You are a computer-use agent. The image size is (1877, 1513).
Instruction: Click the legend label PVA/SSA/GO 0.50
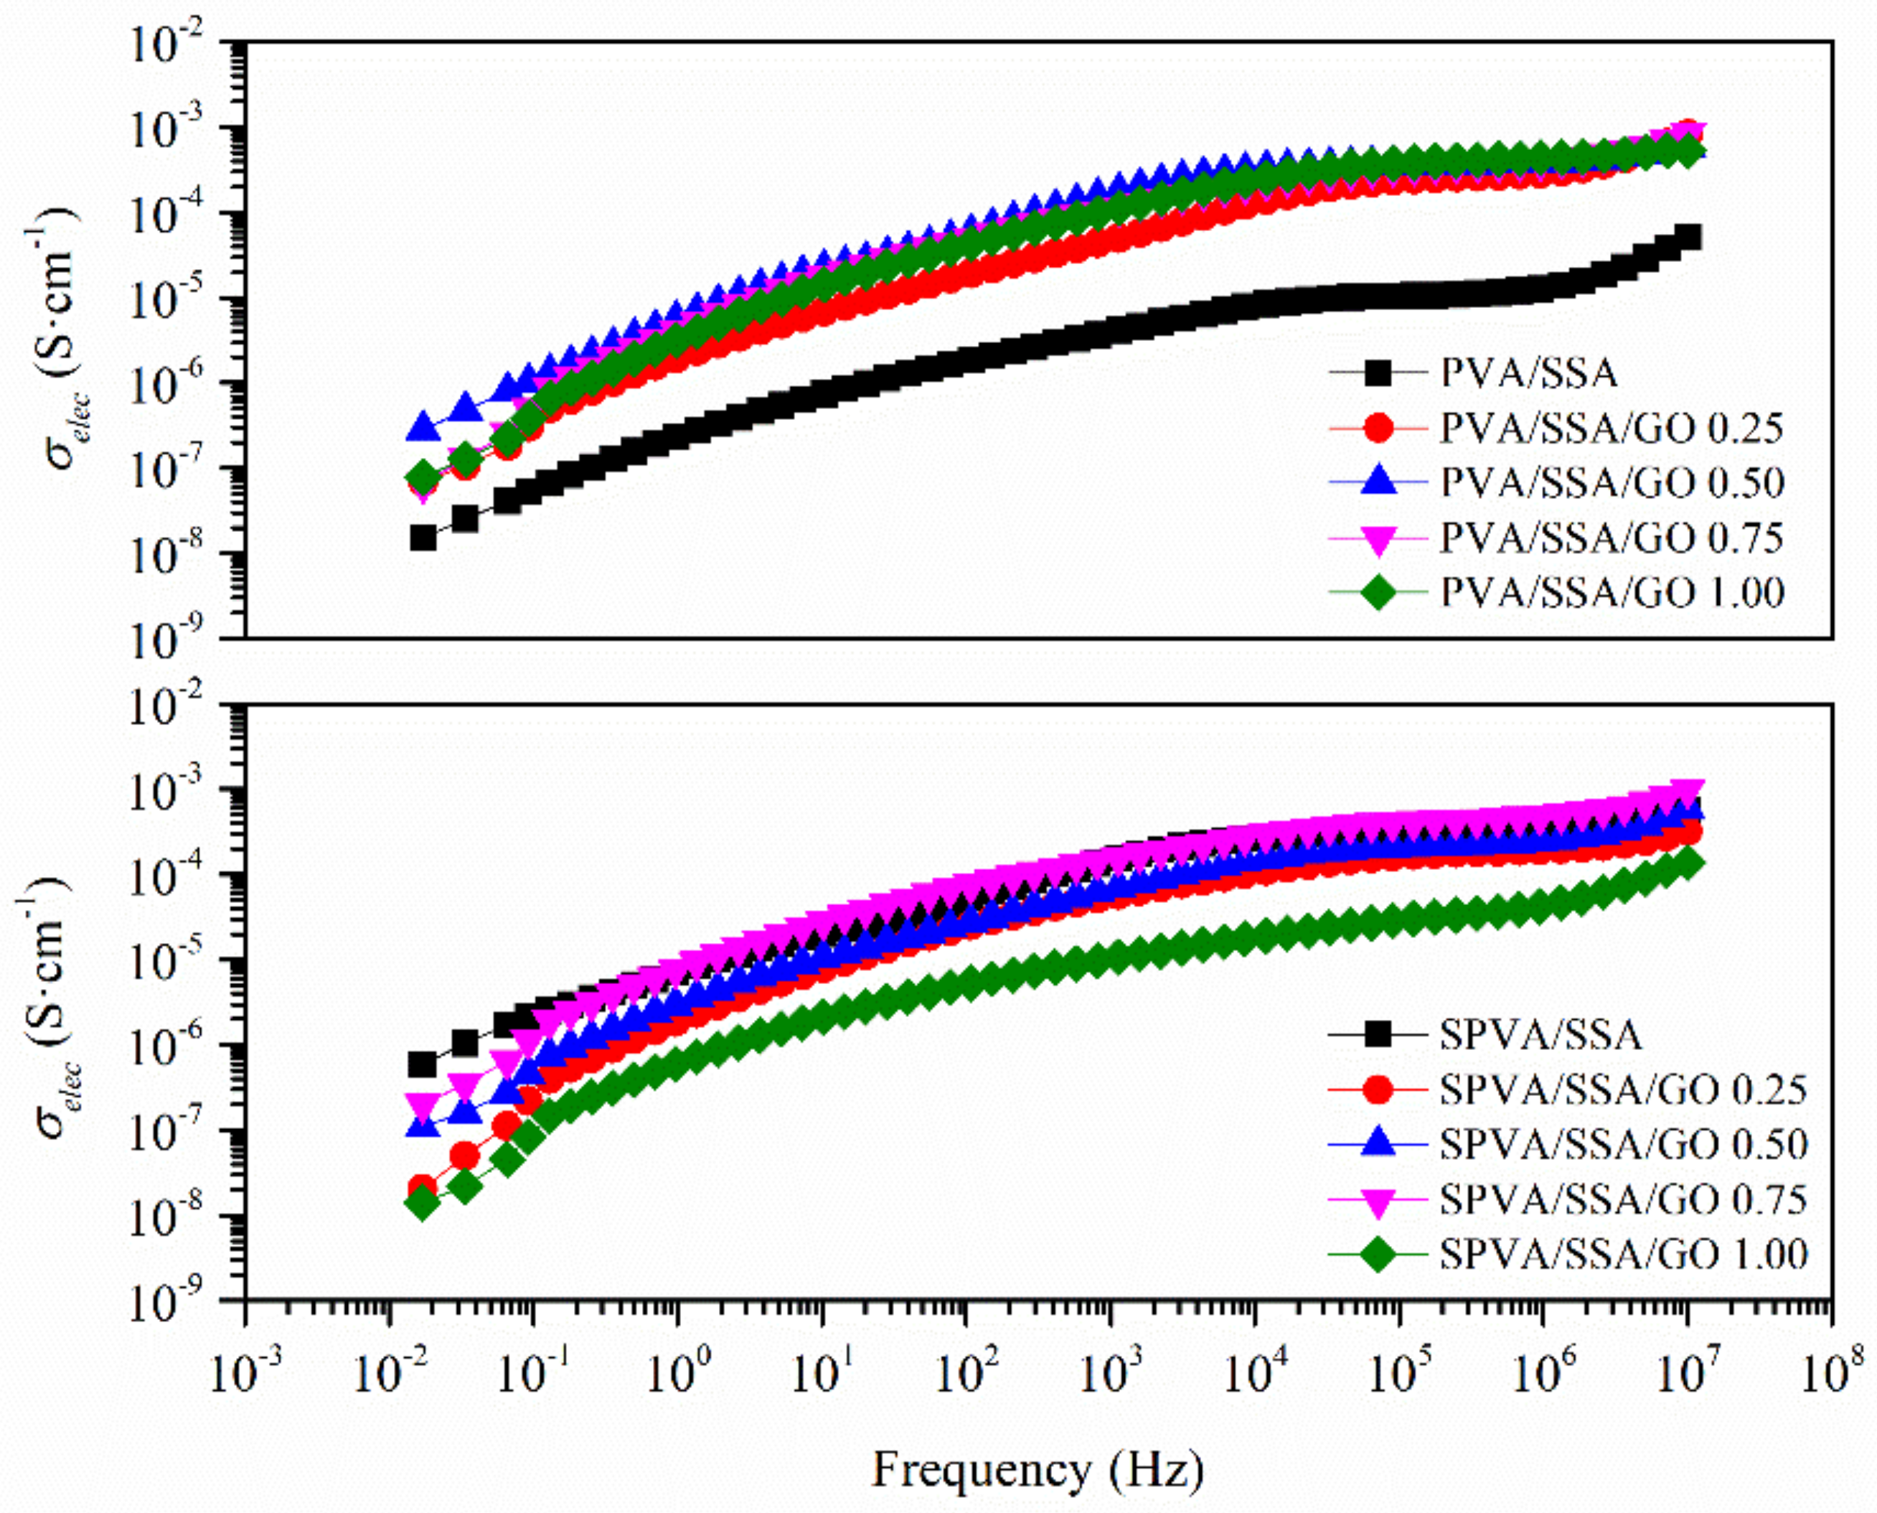click(1612, 483)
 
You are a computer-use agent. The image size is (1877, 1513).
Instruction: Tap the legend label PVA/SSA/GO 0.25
click(1612, 428)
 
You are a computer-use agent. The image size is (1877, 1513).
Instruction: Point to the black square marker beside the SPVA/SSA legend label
click(1378, 1034)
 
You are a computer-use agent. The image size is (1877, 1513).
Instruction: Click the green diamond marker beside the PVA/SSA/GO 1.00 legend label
click(1378, 593)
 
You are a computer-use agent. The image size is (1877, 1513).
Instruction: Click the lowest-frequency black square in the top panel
click(423, 538)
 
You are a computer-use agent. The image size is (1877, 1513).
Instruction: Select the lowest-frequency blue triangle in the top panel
click(424, 427)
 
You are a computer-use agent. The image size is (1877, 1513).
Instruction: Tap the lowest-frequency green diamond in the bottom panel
click(423, 1204)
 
